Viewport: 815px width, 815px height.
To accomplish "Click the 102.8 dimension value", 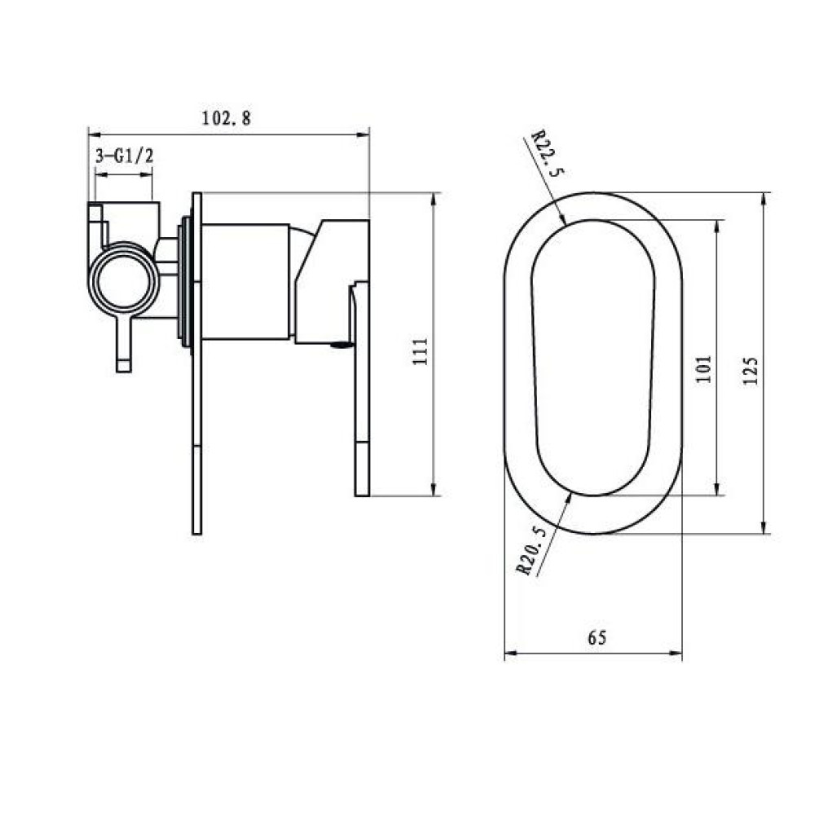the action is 226,118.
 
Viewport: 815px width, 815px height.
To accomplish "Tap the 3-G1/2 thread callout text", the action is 125,155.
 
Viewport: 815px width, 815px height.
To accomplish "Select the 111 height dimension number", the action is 420,351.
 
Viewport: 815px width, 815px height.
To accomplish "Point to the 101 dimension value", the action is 703,369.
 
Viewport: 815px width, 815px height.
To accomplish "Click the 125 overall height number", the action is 751,370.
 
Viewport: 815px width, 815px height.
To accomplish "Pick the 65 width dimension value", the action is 597,637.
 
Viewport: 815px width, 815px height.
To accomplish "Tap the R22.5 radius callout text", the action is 547,153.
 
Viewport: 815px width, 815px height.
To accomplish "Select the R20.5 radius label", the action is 531,551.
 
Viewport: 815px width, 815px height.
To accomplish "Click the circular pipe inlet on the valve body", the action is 123,280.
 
